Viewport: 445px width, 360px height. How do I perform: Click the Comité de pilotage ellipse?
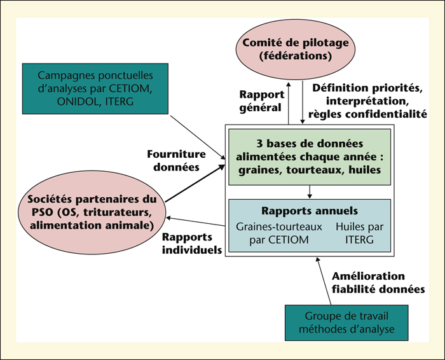point(295,50)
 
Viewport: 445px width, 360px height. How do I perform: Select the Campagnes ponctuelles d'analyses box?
point(95,89)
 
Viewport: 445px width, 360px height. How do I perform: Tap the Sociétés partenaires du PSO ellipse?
point(92,212)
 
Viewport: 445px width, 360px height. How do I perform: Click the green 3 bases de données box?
point(310,157)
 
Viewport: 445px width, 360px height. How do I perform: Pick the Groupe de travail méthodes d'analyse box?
point(346,323)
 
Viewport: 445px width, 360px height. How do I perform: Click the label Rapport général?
point(262,101)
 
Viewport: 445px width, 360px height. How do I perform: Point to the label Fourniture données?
point(176,160)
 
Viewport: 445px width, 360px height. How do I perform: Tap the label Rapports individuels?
point(192,244)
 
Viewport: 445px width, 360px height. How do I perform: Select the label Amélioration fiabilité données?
point(378,282)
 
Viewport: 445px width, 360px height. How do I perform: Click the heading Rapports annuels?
point(310,211)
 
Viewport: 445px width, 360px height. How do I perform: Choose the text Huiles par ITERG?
point(360,233)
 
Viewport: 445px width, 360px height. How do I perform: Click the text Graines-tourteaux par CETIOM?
point(279,233)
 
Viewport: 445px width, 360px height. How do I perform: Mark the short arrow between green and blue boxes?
point(310,192)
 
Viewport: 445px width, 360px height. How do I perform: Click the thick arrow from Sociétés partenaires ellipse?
point(195,183)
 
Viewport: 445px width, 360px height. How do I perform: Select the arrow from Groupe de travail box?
point(324,280)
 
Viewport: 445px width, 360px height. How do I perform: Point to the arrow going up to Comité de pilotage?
point(289,103)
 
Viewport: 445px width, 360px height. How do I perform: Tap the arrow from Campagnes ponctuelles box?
point(198,137)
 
